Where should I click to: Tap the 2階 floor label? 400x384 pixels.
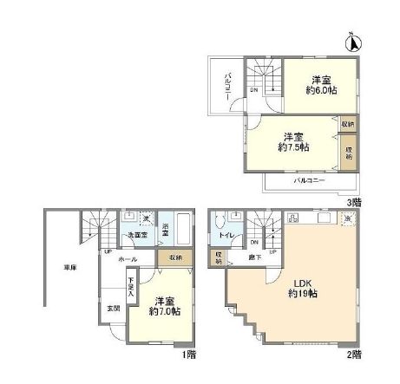pyautogui.click(x=354, y=355)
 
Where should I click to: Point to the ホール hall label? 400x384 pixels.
pyautogui.click(x=127, y=258)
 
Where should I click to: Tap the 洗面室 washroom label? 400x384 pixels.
pyautogui.click(x=133, y=236)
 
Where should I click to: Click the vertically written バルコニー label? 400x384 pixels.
pyautogui.click(x=226, y=87)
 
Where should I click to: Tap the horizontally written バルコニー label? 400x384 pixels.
pyautogui.click(x=308, y=180)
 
